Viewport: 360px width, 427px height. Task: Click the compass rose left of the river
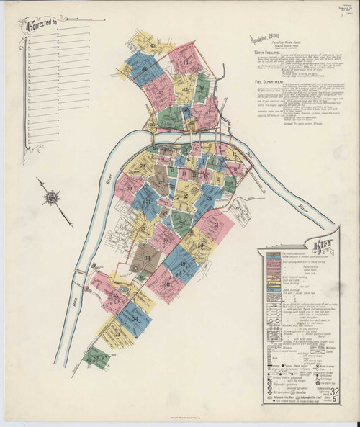click(x=52, y=195)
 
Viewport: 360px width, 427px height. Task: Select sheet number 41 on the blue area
click(x=145, y=69)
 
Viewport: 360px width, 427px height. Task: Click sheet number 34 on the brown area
click(x=148, y=258)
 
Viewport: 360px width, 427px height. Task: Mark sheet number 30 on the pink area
click(x=131, y=189)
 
